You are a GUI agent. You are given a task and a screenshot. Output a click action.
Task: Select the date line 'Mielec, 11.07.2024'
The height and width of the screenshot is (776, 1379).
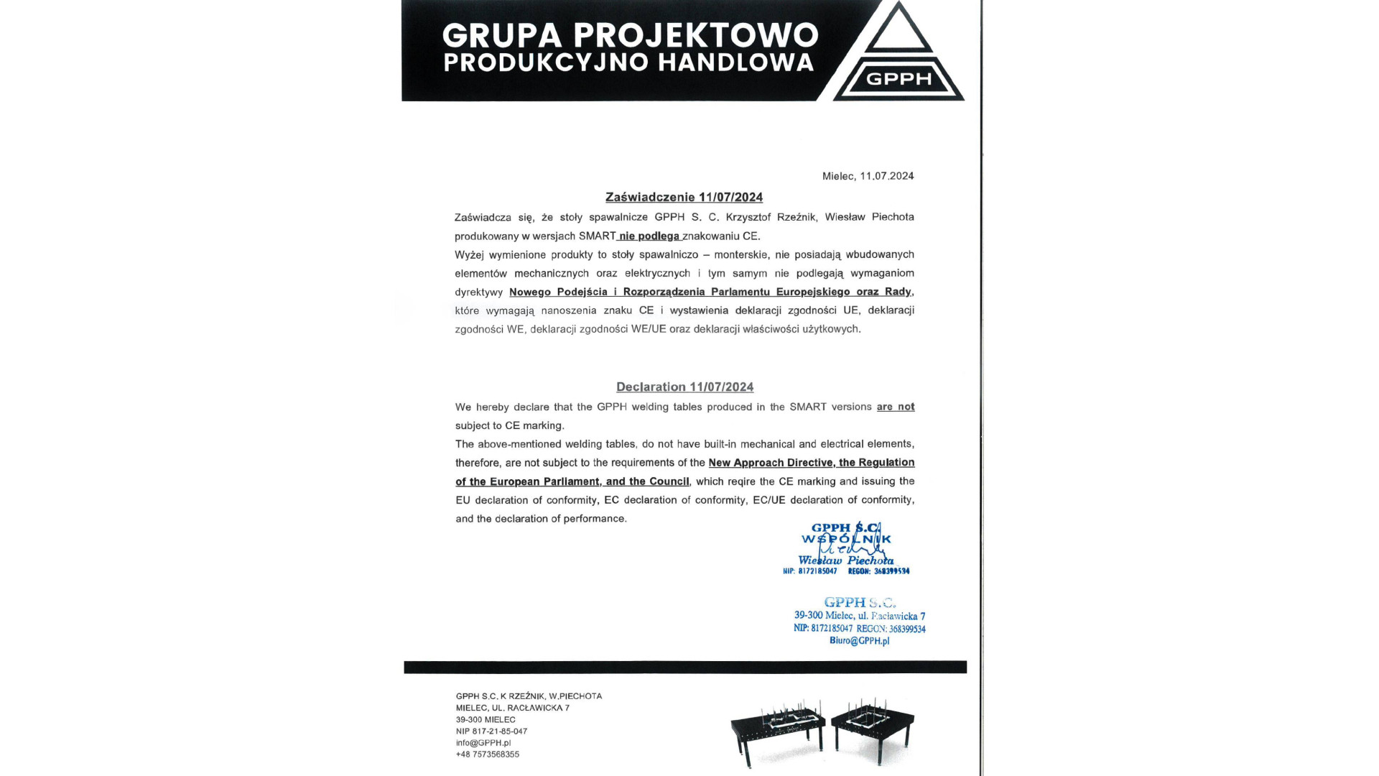click(x=868, y=176)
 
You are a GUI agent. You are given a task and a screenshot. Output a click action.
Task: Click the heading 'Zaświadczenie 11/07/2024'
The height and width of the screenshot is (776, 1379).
click(x=684, y=197)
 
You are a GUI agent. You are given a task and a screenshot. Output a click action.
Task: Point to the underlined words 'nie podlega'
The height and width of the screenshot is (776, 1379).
click(x=649, y=236)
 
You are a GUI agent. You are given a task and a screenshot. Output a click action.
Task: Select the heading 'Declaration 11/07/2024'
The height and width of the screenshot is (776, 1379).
click(x=684, y=387)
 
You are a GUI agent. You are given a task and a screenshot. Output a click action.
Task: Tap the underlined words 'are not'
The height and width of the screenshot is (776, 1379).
click(x=895, y=407)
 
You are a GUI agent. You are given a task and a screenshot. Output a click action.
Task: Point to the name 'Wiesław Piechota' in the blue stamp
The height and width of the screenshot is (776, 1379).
click(x=845, y=560)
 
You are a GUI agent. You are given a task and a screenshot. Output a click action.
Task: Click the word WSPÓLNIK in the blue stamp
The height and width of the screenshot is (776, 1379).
click(x=846, y=539)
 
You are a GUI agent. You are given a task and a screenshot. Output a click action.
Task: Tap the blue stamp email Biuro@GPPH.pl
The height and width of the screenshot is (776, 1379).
click(x=859, y=641)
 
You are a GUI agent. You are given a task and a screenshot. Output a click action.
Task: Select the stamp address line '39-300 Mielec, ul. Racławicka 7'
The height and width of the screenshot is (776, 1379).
click(x=859, y=616)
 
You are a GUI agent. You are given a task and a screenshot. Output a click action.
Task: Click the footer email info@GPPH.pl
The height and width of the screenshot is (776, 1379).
click(x=483, y=743)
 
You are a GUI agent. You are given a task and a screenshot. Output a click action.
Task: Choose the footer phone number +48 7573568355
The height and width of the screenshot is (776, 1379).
click(x=487, y=754)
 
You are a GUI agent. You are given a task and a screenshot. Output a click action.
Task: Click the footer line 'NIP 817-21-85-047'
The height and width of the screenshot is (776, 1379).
click(x=491, y=731)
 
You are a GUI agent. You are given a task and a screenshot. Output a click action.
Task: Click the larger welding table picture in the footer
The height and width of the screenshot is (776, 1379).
click(x=777, y=733)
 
